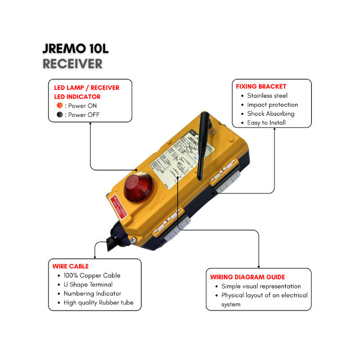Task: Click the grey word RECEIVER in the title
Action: tap(73, 64)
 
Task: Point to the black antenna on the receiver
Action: tap(201, 146)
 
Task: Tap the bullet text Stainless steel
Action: tap(267, 96)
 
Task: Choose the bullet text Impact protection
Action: tap(272, 105)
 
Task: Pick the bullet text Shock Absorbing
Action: tap(271, 114)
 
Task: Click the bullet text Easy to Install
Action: tap(266, 123)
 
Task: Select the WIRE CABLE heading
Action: tap(71, 266)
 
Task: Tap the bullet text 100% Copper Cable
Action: tap(92, 276)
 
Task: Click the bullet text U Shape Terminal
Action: tap(88, 285)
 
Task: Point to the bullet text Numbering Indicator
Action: tap(92, 294)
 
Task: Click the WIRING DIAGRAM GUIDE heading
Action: tap(247, 277)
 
